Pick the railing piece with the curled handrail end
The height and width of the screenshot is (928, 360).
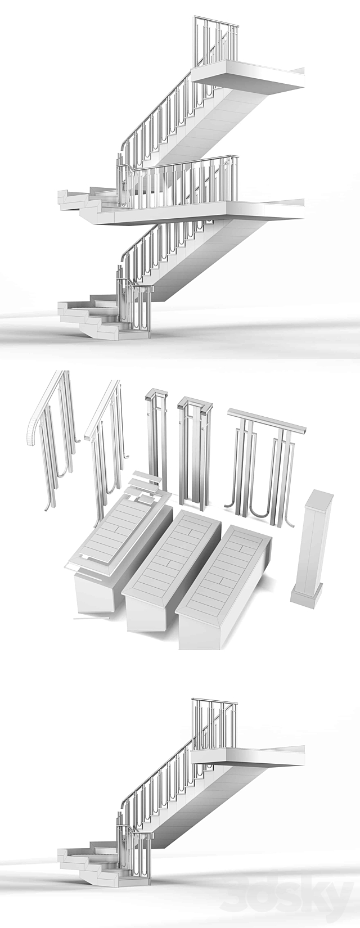click(x=51, y=439)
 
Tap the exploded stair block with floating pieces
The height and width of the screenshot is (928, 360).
click(x=121, y=551)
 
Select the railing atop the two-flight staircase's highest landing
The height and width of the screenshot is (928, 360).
click(x=217, y=42)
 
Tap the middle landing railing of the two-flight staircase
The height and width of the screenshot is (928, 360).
click(x=180, y=180)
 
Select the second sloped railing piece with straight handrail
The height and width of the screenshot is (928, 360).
click(x=107, y=444)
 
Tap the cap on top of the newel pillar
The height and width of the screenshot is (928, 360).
click(x=318, y=497)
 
